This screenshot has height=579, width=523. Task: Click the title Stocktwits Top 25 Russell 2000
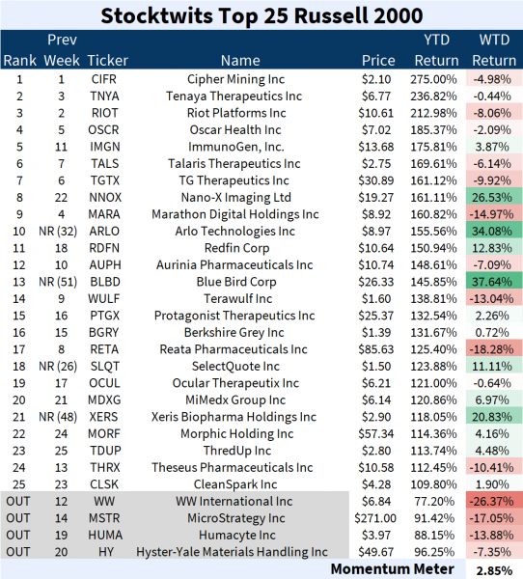pos(261,15)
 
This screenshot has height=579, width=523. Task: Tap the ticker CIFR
pos(105,78)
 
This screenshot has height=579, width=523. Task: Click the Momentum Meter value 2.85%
pos(494,569)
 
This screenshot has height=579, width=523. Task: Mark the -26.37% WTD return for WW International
pos(494,501)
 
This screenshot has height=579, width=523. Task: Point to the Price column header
pos(377,61)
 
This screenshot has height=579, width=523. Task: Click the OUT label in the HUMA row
pos(17,536)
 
